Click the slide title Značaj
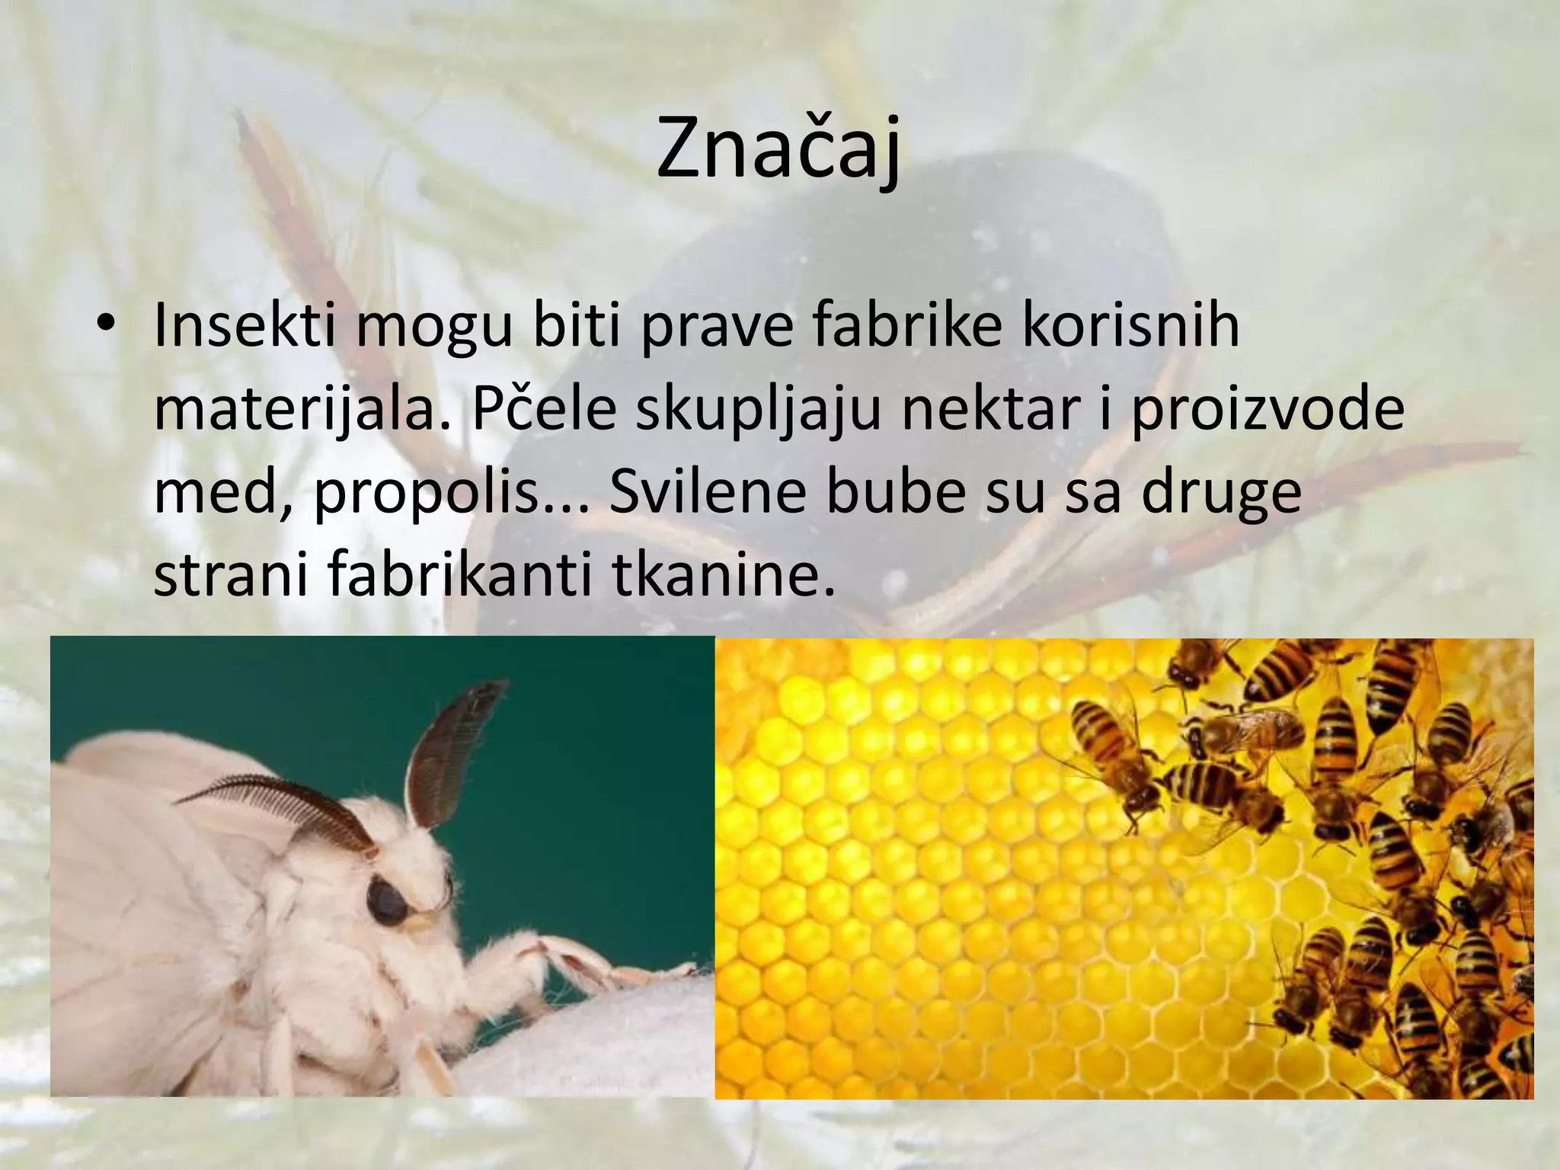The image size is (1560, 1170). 778,149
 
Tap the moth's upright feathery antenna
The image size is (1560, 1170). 446,746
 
